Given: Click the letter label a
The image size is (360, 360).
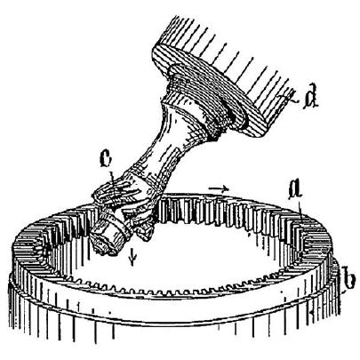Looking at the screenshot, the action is (296, 190).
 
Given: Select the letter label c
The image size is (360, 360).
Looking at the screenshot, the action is (106, 160).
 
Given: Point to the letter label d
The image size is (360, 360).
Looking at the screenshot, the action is (311, 98).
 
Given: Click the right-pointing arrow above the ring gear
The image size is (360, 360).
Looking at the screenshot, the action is (219, 188).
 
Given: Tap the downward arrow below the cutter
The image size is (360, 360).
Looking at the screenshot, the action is (133, 257).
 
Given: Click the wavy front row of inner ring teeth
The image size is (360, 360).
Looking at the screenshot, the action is (189, 289).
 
